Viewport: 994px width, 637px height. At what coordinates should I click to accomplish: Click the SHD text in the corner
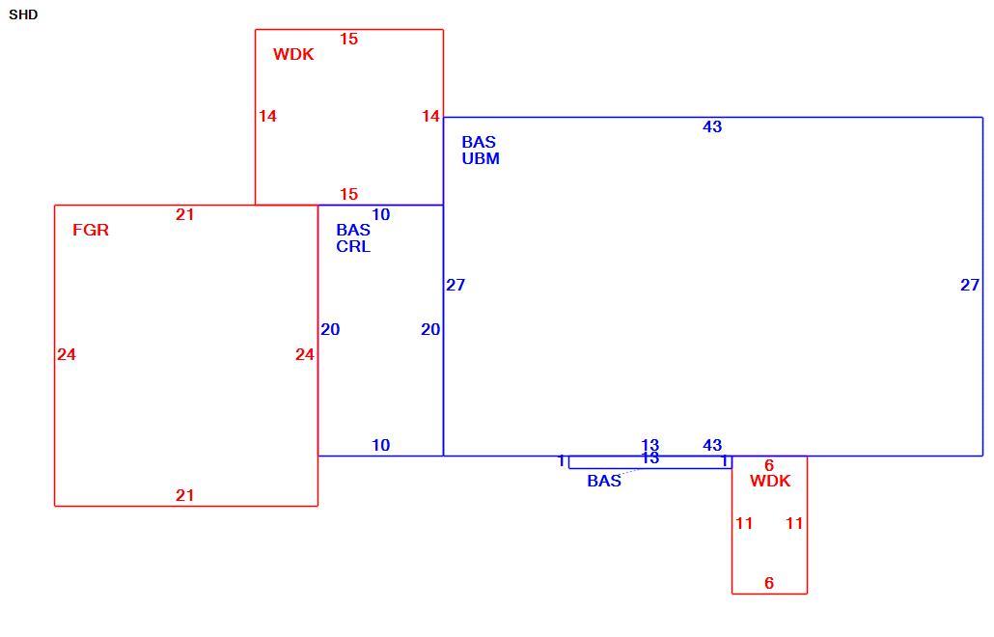23,14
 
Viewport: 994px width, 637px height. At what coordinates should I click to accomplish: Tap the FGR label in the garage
91,230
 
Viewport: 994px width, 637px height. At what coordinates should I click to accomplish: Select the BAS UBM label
481,151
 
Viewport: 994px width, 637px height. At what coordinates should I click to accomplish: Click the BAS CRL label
353,237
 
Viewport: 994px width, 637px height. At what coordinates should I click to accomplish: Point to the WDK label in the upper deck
293,54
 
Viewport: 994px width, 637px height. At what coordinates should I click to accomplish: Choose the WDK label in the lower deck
770,481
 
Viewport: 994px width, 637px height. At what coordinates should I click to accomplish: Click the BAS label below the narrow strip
604,481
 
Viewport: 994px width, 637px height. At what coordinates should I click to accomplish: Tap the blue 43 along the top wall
712,126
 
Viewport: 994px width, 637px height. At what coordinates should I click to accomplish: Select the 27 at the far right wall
970,286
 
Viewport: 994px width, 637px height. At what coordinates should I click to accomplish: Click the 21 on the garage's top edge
184,215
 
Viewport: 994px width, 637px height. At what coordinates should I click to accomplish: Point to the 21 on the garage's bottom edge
184,496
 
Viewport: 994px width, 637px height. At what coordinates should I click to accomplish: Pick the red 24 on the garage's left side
67,354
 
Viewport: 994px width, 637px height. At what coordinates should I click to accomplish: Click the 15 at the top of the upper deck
348,39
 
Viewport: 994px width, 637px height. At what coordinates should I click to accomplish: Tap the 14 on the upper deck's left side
267,116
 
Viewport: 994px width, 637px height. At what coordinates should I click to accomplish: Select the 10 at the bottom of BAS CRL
380,446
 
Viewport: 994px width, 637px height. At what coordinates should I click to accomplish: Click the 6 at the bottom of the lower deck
769,583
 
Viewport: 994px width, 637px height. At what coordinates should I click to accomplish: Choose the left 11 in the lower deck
744,523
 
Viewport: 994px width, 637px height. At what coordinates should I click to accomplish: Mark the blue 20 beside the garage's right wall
330,329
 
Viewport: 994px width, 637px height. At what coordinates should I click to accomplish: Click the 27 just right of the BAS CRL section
456,286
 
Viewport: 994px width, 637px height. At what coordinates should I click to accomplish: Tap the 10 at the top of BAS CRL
380,215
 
